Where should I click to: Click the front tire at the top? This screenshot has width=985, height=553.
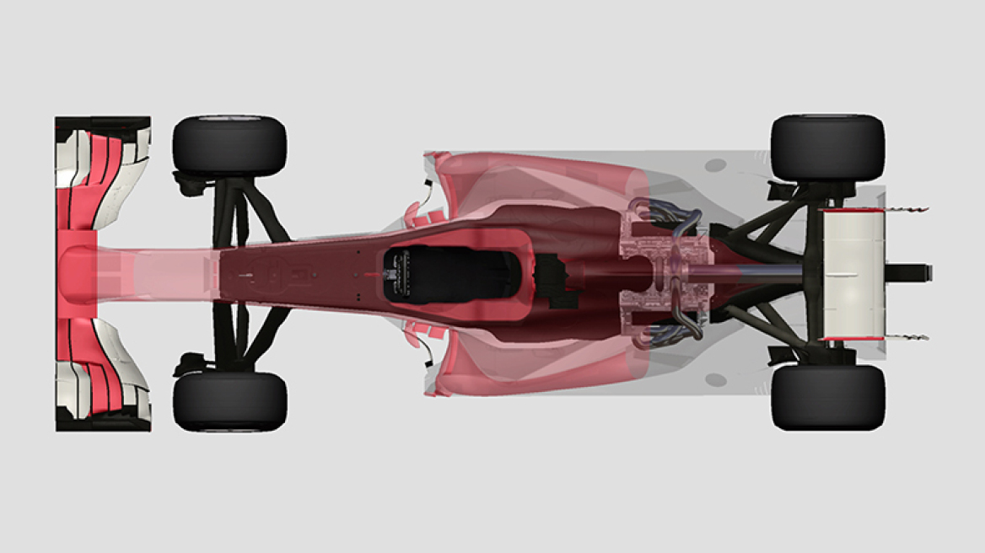tap(229, 146)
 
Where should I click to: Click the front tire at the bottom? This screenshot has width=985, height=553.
tap(229, 401)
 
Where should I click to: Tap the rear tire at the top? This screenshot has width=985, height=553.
tap(826, 148)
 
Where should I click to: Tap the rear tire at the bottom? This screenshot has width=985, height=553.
tap(826, 398)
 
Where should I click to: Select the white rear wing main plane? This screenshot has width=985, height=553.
tap(853, 274)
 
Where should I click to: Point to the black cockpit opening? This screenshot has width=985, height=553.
tap(447, 275)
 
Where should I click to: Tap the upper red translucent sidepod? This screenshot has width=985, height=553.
tap(540, 181)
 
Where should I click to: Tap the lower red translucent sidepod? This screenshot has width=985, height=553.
tap(540, 367)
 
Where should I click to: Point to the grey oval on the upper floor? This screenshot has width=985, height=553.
tap(716, 165)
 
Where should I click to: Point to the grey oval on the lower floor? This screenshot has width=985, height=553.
tap(716, 380)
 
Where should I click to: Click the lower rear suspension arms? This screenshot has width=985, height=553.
tap(767, 325)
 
